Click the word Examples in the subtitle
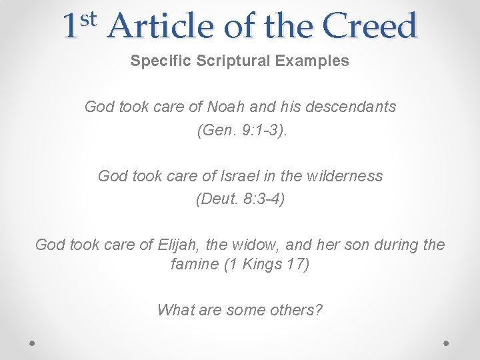pyautogui.click(x=315, y=61)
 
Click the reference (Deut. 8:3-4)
pyautogui.click(x=240, y=199)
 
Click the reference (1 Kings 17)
pyautogui.click(x=267, y=264)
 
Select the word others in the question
pyautogui.click(x=296, y=309)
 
